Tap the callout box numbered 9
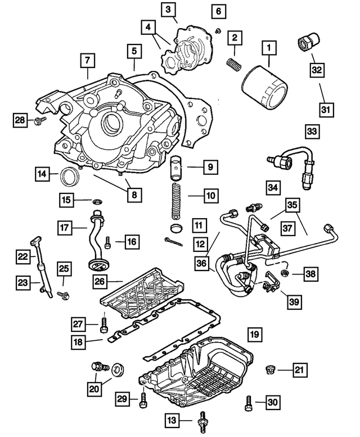pos(209,166)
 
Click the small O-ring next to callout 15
pos(98,200)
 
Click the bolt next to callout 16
pos(108,243)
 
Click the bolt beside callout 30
pos(247,402)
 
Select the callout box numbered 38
pos(310,274)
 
